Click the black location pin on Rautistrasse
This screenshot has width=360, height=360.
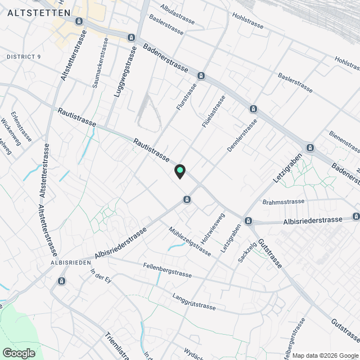click(x=179, y=171)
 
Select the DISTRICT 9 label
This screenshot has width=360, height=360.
click(x=25, y=57)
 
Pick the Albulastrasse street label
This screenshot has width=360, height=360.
click(x=177, y=16)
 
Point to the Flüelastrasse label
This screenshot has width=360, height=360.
click(x=214, y=110)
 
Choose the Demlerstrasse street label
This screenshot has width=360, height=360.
click(x=242, y=135)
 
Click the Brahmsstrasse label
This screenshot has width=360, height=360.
click(x=283, y=201)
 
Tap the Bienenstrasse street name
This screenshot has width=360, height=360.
click(x=344, y=143)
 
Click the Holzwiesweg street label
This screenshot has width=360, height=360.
click(x=213, y=228)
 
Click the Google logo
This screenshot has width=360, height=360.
click(x=19, y=353)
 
